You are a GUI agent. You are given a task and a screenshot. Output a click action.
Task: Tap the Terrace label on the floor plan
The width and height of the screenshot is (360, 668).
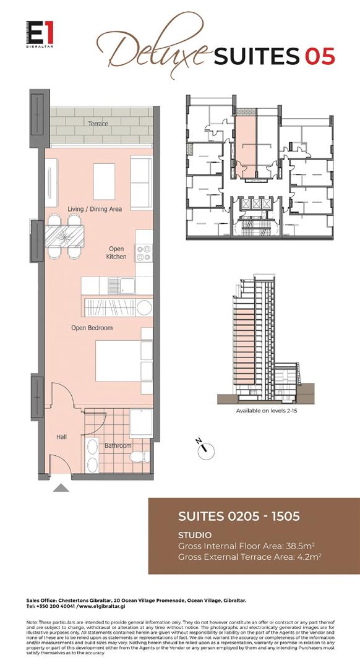[98, 124]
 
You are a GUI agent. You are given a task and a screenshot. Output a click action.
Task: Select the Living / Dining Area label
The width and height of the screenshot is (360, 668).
[95, 209]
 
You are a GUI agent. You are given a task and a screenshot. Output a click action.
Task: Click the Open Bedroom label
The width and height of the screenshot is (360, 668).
[92, 328]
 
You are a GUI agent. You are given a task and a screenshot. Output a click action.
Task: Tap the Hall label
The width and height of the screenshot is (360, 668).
[61, 437]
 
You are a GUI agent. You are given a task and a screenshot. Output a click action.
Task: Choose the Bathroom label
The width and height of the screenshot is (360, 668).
[118, 445]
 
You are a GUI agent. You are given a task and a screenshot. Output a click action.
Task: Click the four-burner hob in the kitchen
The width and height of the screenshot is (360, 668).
[144, 253]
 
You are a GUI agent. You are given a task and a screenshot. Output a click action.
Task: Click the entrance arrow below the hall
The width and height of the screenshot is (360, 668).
[61, 488]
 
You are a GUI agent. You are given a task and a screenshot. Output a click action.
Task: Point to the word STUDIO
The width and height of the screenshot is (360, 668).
[195, 534]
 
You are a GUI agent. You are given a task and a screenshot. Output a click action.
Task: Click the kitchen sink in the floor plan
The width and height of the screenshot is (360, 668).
[127, 286]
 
